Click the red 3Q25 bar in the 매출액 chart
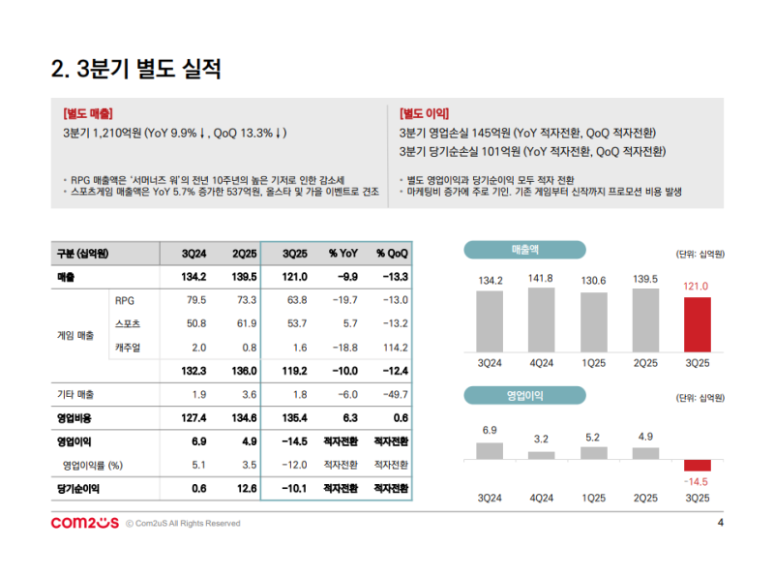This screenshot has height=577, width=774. pyautogui.click(x=698, y=324)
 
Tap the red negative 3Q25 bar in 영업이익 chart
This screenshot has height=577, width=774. pyautogui.click(x=698, y=466)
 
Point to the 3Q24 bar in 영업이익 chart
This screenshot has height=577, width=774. pyautogui.click(x=491, y=451)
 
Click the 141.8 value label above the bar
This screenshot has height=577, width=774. pyautogui.click(x=542, y=279)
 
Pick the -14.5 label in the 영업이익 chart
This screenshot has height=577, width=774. pyautogui.click(x=697, y=481)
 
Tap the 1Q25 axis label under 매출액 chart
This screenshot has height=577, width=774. pyautogui.click(x=593, y=364)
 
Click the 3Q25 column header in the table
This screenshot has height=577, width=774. pyautogui.click(x=294, y=254)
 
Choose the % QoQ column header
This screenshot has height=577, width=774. pyautogui.click(x=391, y=254)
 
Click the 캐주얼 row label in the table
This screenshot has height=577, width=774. pyautogui.click(x=127, y=348)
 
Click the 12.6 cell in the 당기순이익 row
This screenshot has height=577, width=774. pyautogui.click(x=245, y=489)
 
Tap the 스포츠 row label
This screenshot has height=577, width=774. pyautogui.click(x=127, y=323)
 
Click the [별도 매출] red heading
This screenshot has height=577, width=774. pyautogui.click(x=87, y=113)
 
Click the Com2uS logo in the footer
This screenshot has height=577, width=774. pyautogui.click(x=83, y=524)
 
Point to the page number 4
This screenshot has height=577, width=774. pyautogui.click(x=720, y=524)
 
